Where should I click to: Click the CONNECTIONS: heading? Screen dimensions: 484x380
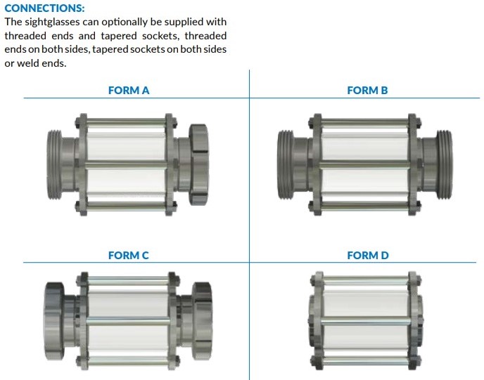[x=44, y=8]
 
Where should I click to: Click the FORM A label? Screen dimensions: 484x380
[x=129, y=91]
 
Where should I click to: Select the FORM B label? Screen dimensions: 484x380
[x=367, y=91]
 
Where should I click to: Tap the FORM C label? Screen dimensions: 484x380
[x=129, y=255]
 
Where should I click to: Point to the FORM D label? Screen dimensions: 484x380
[x=368, y=255]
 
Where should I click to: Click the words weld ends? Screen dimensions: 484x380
[x=42, y=63]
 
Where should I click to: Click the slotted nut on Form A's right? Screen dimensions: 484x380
[x=198, y=164]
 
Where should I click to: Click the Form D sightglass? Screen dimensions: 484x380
[x=366, y=320]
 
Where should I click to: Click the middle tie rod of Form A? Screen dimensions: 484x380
[x=127, y=164]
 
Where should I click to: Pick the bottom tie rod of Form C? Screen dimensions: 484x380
[x=129, y=360]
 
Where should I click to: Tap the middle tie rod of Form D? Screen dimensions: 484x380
[x=366, y=322]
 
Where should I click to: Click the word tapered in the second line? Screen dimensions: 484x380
[x=119, y=36]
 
